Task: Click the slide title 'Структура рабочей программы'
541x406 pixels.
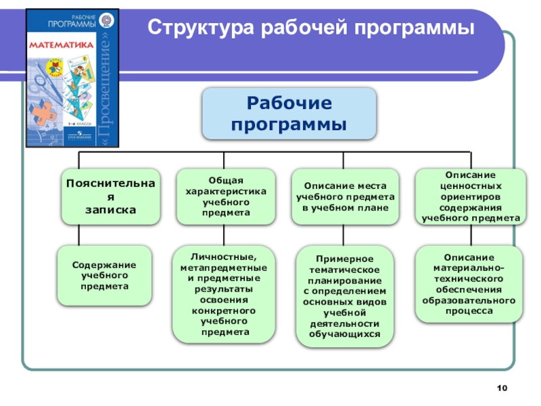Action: click(x=311, y=28)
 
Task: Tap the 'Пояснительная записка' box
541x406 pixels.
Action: click(x=111, y=196)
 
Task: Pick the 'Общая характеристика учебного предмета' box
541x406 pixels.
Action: click(x=226, y=196)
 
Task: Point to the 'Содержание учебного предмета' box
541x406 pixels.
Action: click(x=104, y=275)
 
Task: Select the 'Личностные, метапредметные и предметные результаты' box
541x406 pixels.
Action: click(x=224, y=294)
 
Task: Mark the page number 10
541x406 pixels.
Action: click(x=501, y=387)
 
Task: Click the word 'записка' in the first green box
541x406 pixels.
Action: click(x=111, y=210)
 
